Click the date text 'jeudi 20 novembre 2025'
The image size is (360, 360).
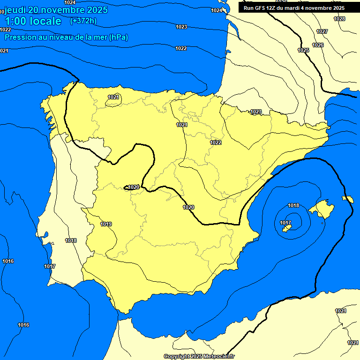coord(56,10)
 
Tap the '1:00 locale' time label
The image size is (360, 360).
coord(33,21)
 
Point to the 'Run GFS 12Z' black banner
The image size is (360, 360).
coord(294,8)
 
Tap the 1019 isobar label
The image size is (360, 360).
coord(106,224)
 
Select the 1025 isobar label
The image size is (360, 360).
coord(303,50)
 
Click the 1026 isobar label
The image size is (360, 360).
coord(318,45)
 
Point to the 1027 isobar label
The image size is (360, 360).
coord(322,31)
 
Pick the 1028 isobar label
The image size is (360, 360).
coord(339,19)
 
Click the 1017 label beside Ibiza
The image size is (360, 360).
coord(285,223)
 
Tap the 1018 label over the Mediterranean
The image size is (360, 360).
coord(293,205)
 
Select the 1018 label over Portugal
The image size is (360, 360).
coord(71,240)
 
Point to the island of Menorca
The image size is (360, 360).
coord(348,199)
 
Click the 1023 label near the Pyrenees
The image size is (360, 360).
coord(256,112)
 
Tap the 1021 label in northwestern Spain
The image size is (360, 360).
coord(113,97)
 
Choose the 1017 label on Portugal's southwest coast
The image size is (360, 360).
coord(50,266)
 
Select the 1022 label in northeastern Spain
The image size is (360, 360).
coord(216,142)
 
